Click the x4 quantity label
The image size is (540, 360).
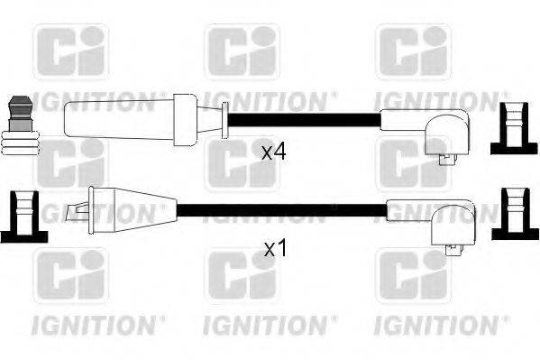point(273,152)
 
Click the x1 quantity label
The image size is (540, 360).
point(274,247)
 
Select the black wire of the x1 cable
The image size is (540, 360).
point(279,212)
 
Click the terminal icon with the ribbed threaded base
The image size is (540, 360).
point(20,125)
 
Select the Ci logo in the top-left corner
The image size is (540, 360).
point(69,51)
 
